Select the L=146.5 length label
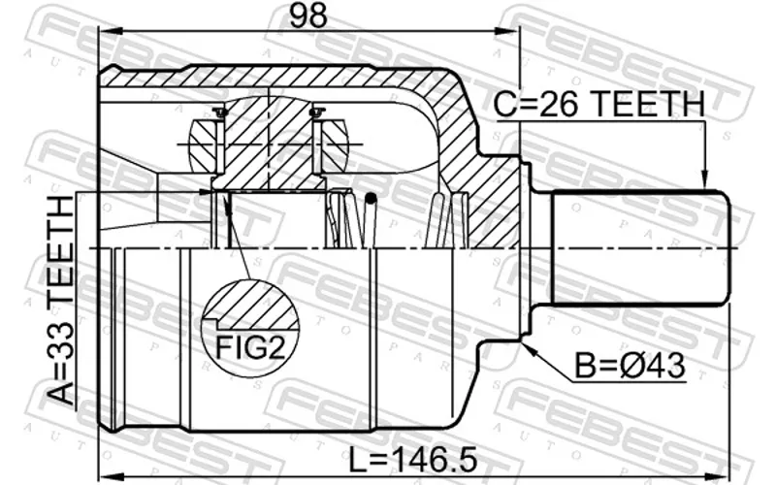tap(413, 460)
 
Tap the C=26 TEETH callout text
tap(599, 104)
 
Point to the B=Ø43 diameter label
tap(630, 367)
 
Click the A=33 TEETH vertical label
tap(62, 301)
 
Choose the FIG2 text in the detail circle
tap(251, 347)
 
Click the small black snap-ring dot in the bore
tap(371, 199)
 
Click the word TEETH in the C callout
tap(648, 104)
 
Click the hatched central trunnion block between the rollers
tap(269, 144)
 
